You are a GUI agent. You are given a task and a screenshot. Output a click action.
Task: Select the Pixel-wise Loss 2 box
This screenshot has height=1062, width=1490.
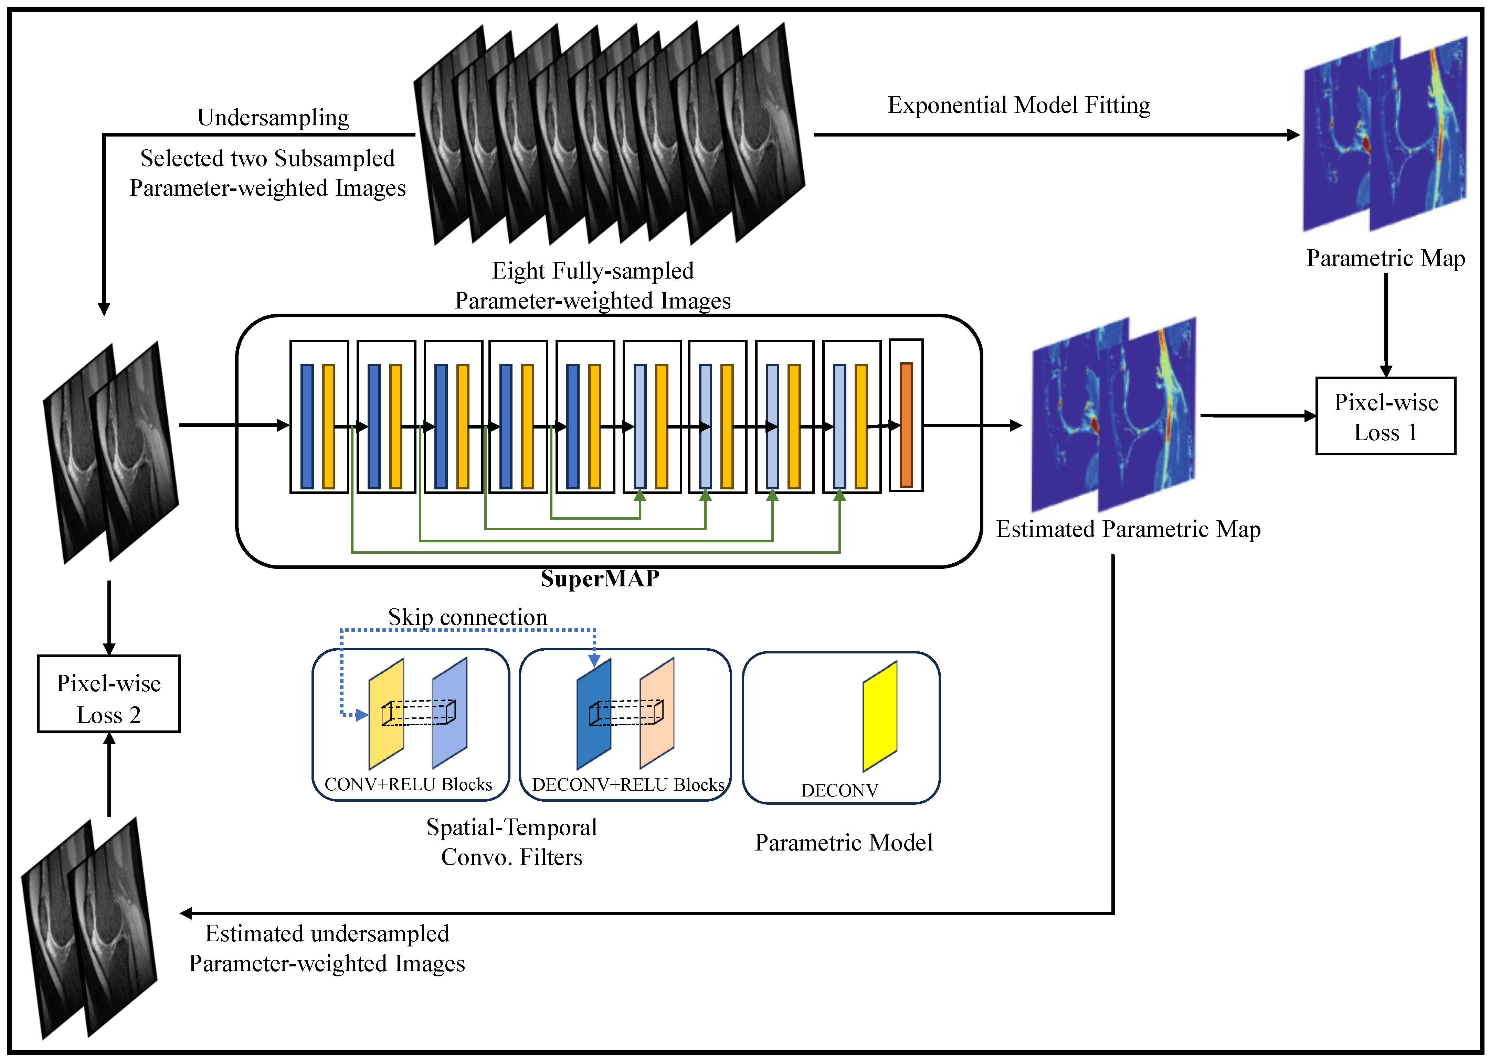click(109, 693)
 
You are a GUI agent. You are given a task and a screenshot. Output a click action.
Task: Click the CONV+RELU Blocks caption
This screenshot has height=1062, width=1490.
click(408, 784)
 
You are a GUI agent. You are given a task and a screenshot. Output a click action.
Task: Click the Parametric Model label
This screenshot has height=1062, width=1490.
click(844, 842)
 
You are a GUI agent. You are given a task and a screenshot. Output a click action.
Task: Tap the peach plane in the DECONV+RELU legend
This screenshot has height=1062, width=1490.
click(657, 713)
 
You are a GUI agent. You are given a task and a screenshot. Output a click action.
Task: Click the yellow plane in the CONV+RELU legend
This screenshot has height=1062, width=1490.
click(386, 714)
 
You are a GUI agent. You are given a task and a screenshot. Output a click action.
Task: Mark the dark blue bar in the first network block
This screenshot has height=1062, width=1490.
click(307, 426)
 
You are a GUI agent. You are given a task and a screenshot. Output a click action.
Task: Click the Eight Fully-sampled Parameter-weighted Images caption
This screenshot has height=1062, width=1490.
click(592, 286)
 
